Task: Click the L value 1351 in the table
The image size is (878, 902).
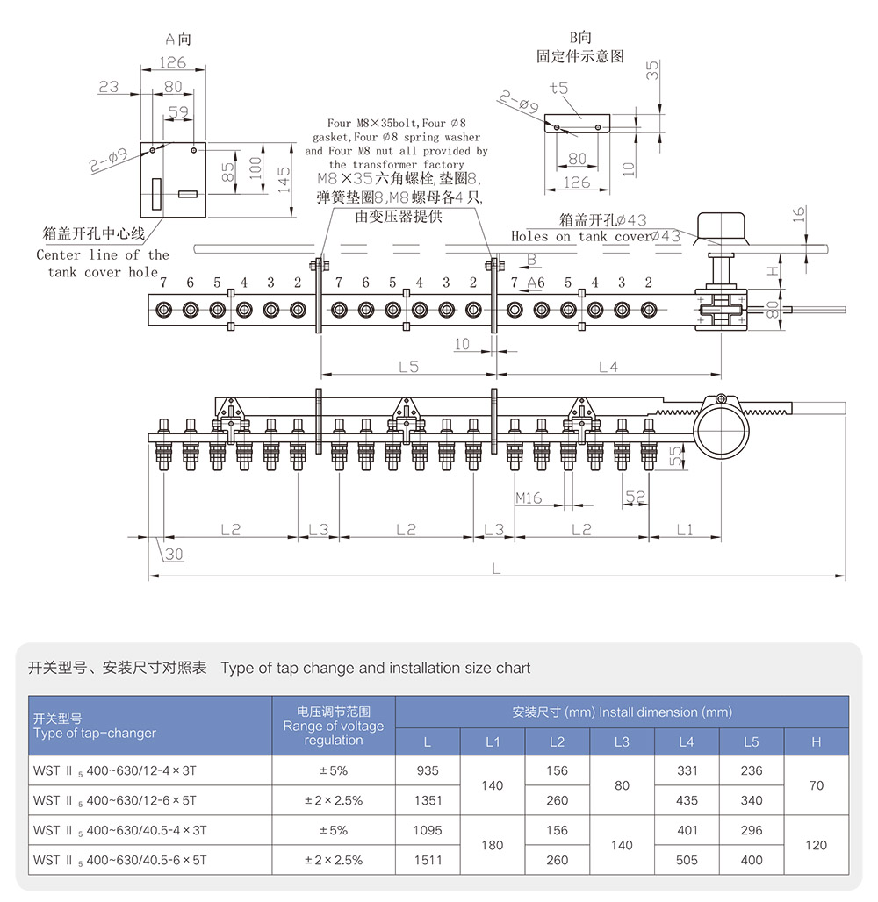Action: pos(428,800)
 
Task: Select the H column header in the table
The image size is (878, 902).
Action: pos(817,742)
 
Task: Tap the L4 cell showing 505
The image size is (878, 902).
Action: pos(687,860)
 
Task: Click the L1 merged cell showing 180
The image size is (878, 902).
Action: pos(493,845)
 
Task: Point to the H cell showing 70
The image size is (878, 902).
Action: pos(817,785)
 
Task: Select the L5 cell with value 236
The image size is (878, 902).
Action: pos(752,771)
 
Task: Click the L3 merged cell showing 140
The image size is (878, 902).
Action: pos(622,845)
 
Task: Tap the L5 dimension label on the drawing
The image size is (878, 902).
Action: pos(408,367)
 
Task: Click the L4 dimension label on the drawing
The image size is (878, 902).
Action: pos(608,367)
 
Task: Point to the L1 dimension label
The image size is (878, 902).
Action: pos(685,529)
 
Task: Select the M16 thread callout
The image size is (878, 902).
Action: pos(529,498)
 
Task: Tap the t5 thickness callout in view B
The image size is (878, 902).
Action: pos(558,88)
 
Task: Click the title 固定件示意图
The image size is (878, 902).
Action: pos(580,56)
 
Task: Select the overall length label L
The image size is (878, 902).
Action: pos(496,569)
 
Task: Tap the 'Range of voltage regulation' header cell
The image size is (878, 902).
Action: pos(334,727)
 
